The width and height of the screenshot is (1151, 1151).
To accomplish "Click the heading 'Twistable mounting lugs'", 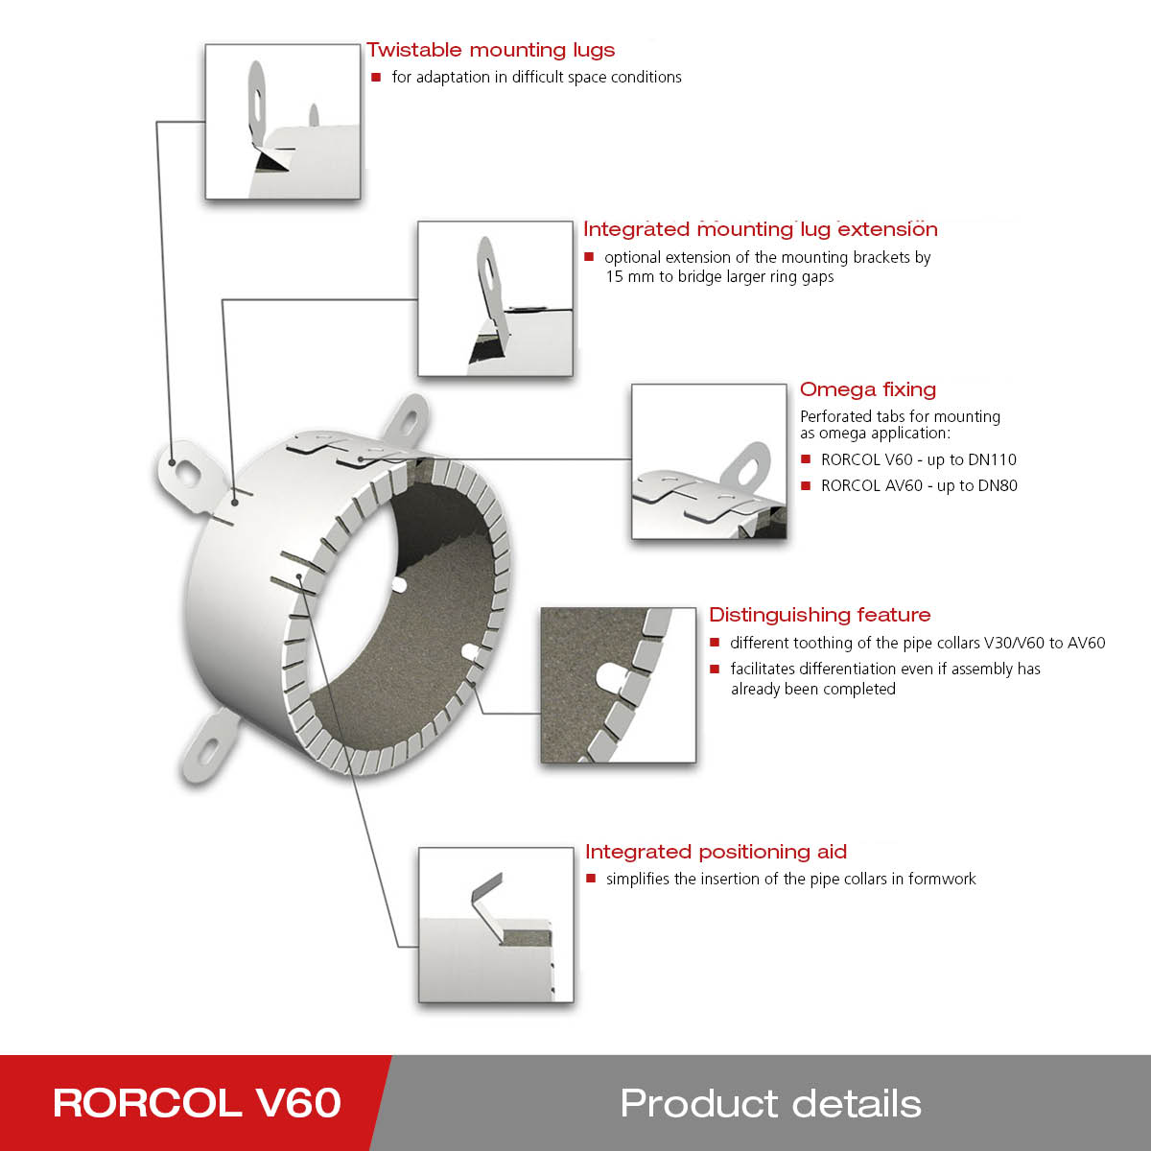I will point(490,50).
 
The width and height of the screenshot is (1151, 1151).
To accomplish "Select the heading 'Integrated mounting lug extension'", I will point(760,229).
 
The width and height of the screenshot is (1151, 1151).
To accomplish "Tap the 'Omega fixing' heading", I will point(867,389).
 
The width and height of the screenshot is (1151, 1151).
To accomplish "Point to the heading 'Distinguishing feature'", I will point(819,615).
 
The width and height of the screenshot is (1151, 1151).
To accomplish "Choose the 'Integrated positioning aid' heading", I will point(716,852).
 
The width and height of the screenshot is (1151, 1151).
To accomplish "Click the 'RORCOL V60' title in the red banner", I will point(197,1103).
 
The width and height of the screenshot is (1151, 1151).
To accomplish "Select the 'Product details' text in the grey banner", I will point(770,1103).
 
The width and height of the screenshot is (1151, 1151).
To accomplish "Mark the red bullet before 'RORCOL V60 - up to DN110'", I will point(806,459).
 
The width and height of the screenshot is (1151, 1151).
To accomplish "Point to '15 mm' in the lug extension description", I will point(629,277).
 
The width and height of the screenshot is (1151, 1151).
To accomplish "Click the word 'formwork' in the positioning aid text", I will point(942,880).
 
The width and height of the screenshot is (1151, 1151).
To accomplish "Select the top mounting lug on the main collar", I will point(408,418).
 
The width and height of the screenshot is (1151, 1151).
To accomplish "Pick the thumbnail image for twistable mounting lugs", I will point(283,122).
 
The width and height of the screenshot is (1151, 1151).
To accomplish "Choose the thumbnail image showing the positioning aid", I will point(496,925).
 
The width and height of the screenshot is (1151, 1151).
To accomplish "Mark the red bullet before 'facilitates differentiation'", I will point(715,669).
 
